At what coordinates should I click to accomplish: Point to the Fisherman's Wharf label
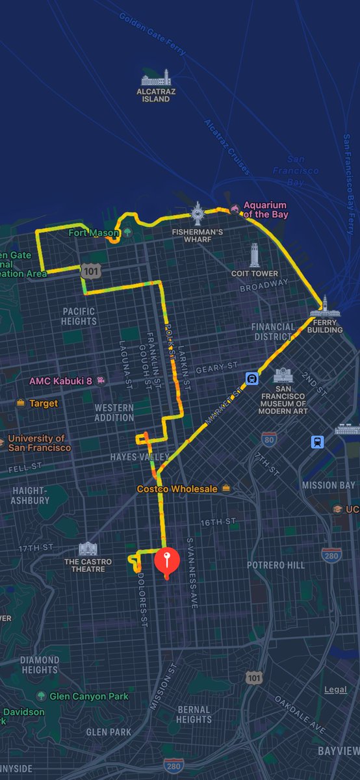(x=198, y=231)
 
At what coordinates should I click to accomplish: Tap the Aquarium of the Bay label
(x=264, y=209)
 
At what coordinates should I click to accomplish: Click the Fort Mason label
(x=94, y=232)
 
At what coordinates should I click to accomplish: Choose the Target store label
(x=43, y=403)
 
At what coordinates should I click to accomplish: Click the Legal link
(x=336, y=689)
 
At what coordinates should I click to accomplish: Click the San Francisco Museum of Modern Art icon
(x=282, y=375)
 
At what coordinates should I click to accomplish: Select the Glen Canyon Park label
(x=90, y=696)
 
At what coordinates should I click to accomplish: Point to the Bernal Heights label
(x=194, y=714)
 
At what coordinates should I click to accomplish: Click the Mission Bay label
(x=328, y=485)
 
